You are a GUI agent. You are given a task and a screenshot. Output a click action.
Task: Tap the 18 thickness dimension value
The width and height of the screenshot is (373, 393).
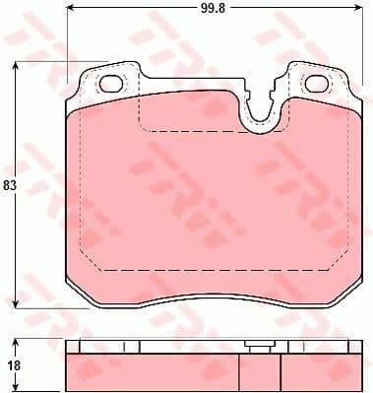(12, 363)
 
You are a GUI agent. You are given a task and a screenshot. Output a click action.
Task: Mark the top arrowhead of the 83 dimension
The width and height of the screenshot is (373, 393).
(16, 66)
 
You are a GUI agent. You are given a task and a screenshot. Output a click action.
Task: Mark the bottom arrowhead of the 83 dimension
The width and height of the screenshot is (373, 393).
(16, 305)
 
